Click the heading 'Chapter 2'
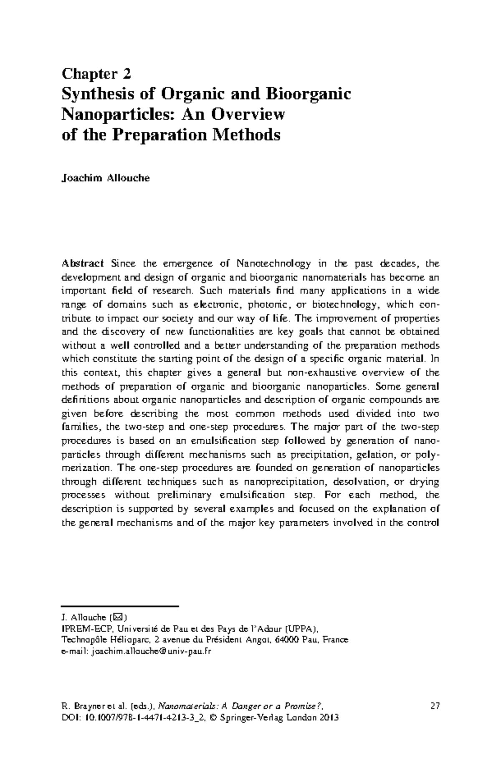pyautogui.click(x=96, y=74)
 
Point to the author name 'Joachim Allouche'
pyautogui.click(x=106, y=178)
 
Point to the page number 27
pyautogui.click(x=435, y=706)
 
